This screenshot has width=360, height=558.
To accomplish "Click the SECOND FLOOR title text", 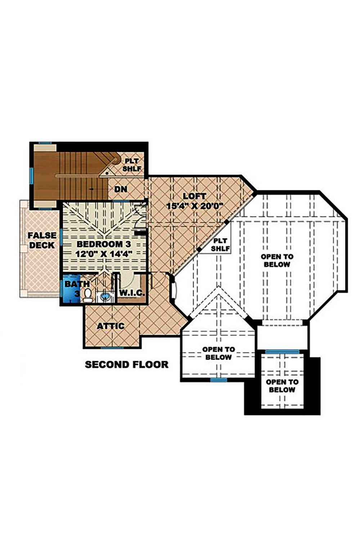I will [x=126, y=364].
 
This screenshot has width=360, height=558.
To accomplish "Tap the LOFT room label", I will [x=194, y=196].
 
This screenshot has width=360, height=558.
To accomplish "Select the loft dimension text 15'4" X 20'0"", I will [x=195, y=206].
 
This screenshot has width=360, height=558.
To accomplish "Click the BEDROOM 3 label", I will [x=104, y=244].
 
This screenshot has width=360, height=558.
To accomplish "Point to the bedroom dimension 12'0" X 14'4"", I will [x=104, y=253].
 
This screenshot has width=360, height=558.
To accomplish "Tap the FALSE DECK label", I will [x=42, y=240].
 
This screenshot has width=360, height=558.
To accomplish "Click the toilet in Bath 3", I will [x=87, y=295].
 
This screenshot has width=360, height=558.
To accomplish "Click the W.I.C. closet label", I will [x=131, y=293].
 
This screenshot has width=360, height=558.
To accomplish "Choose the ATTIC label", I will [x=111, y=326].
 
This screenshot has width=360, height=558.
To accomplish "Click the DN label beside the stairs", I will [x=121, y=189].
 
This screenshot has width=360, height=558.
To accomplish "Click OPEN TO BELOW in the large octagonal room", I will [x=277, y=260].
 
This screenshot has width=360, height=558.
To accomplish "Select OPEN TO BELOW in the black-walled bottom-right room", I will [x=282, y=386].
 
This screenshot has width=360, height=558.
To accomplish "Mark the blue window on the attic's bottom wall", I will [x=112, y=348].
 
